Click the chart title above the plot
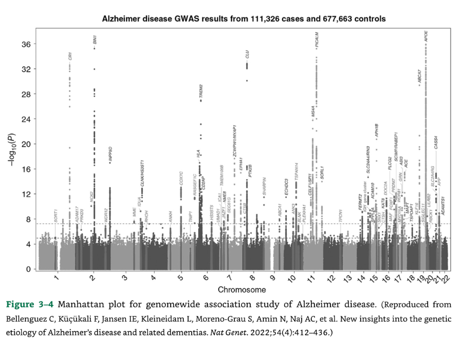pos(243,19)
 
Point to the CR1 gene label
pos(70,56)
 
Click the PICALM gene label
pos(317,40)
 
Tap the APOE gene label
pos(426,37)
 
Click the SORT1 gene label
pos(55,216)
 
